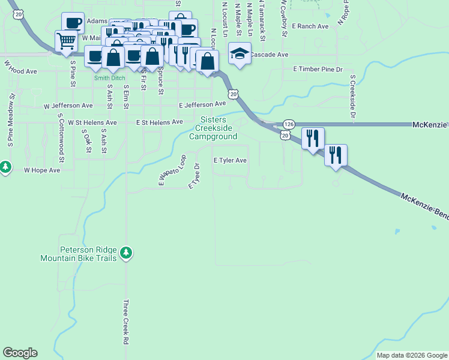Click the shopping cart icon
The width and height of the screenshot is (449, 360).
66,41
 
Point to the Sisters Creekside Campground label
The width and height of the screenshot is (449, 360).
214,128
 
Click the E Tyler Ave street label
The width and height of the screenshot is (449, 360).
231,161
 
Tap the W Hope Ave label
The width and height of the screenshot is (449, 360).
42,170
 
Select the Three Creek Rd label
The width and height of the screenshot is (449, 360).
126,322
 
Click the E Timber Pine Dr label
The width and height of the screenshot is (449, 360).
318,70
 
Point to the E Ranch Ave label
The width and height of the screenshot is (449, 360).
310,26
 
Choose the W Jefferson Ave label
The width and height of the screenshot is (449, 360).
68,106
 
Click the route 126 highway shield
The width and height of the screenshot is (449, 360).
289,124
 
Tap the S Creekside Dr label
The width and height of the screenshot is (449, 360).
353,96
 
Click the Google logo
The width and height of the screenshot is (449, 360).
20,353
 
